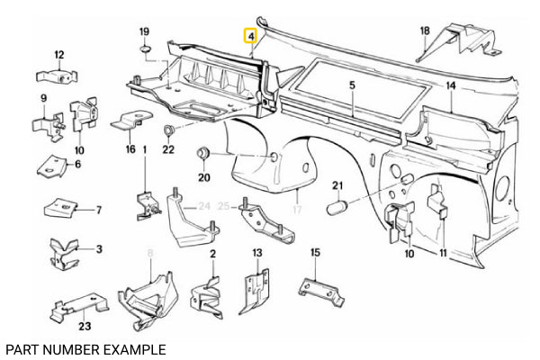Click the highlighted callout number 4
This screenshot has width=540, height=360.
click(252, 37)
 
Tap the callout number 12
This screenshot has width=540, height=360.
click(59, 54)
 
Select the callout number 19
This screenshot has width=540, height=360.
click(144, 33)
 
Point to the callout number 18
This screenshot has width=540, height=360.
click(425, 31)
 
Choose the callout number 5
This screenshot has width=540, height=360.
click(353, 85)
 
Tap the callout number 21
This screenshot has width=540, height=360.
click(338, 186)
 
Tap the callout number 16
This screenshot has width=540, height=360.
click(130, 148)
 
